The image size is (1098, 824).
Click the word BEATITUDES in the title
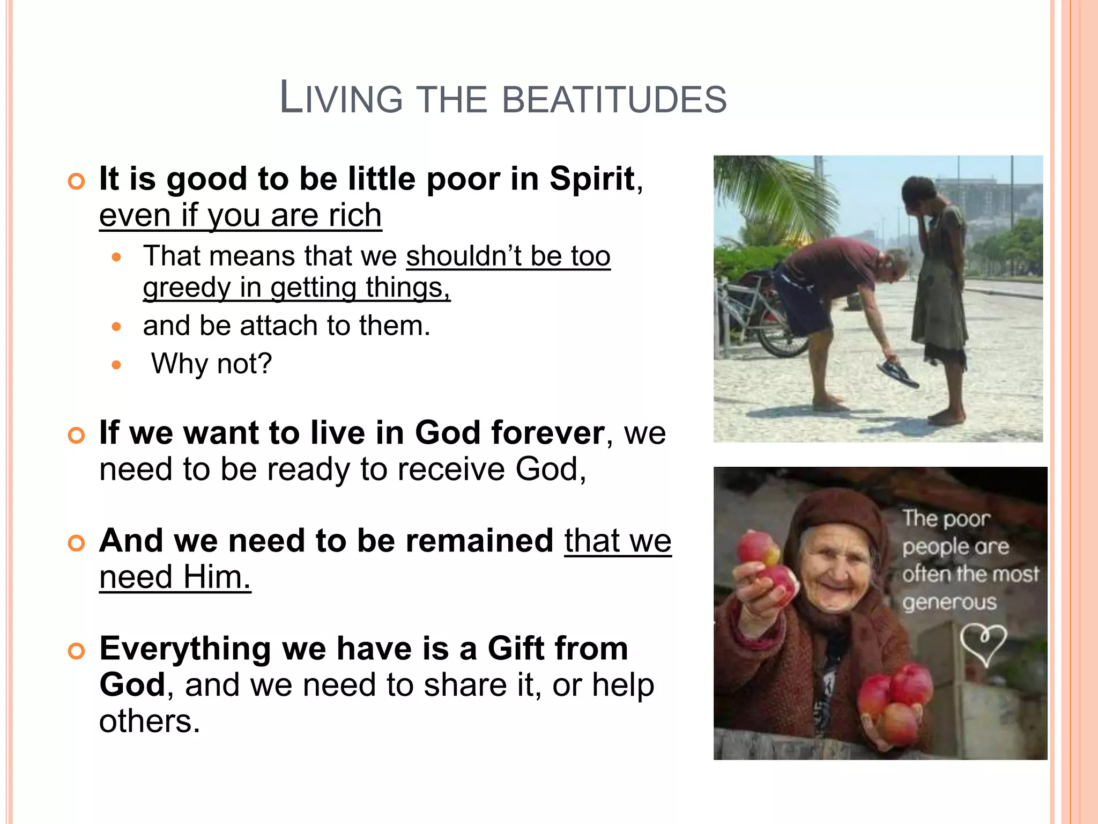click(x=614, y=99)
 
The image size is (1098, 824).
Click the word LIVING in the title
click(x=341, y=98)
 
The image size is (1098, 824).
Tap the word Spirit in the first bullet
click(x=592, y=179)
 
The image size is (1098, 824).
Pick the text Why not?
click(x=212, y=364)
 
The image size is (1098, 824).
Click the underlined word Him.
click(x=217, y=577)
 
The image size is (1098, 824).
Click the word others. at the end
click(x=150, y=721)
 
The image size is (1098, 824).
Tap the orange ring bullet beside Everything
click(x=77, y=651)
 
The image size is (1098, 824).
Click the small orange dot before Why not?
click(x=117, y=365)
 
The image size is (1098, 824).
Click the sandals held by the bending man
click(x=897, y=372)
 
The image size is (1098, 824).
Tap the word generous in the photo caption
click(x=949, y=603)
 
